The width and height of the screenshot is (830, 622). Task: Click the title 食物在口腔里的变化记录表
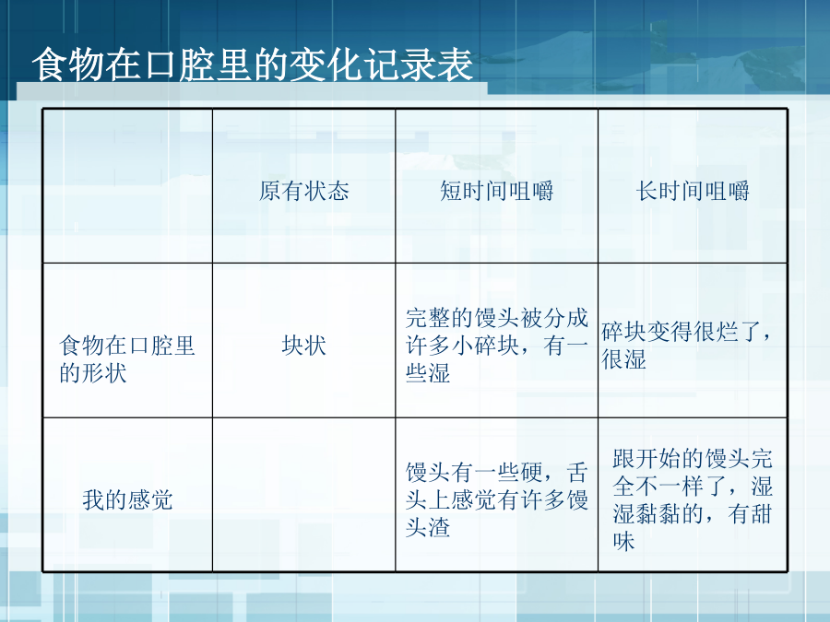(x=253, y=65)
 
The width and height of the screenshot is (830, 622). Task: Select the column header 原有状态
(x=303, y=191)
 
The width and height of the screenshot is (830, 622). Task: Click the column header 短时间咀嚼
(x=496, y=191)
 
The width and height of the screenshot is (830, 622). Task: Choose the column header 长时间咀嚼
(x=693, y=191)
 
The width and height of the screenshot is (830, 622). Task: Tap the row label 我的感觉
(x=127, y=499)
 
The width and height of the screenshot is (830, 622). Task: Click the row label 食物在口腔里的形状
(x=127, y=359)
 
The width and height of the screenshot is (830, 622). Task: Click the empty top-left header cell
(x=127, y=185)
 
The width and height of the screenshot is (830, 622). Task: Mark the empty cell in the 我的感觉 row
(x=303, y=495)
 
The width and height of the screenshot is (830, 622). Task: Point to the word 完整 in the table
(x=428, y=318)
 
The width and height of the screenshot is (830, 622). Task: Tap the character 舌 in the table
(x=577, y=472)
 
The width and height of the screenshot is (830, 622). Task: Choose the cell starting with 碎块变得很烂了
(x=693, y=340)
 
